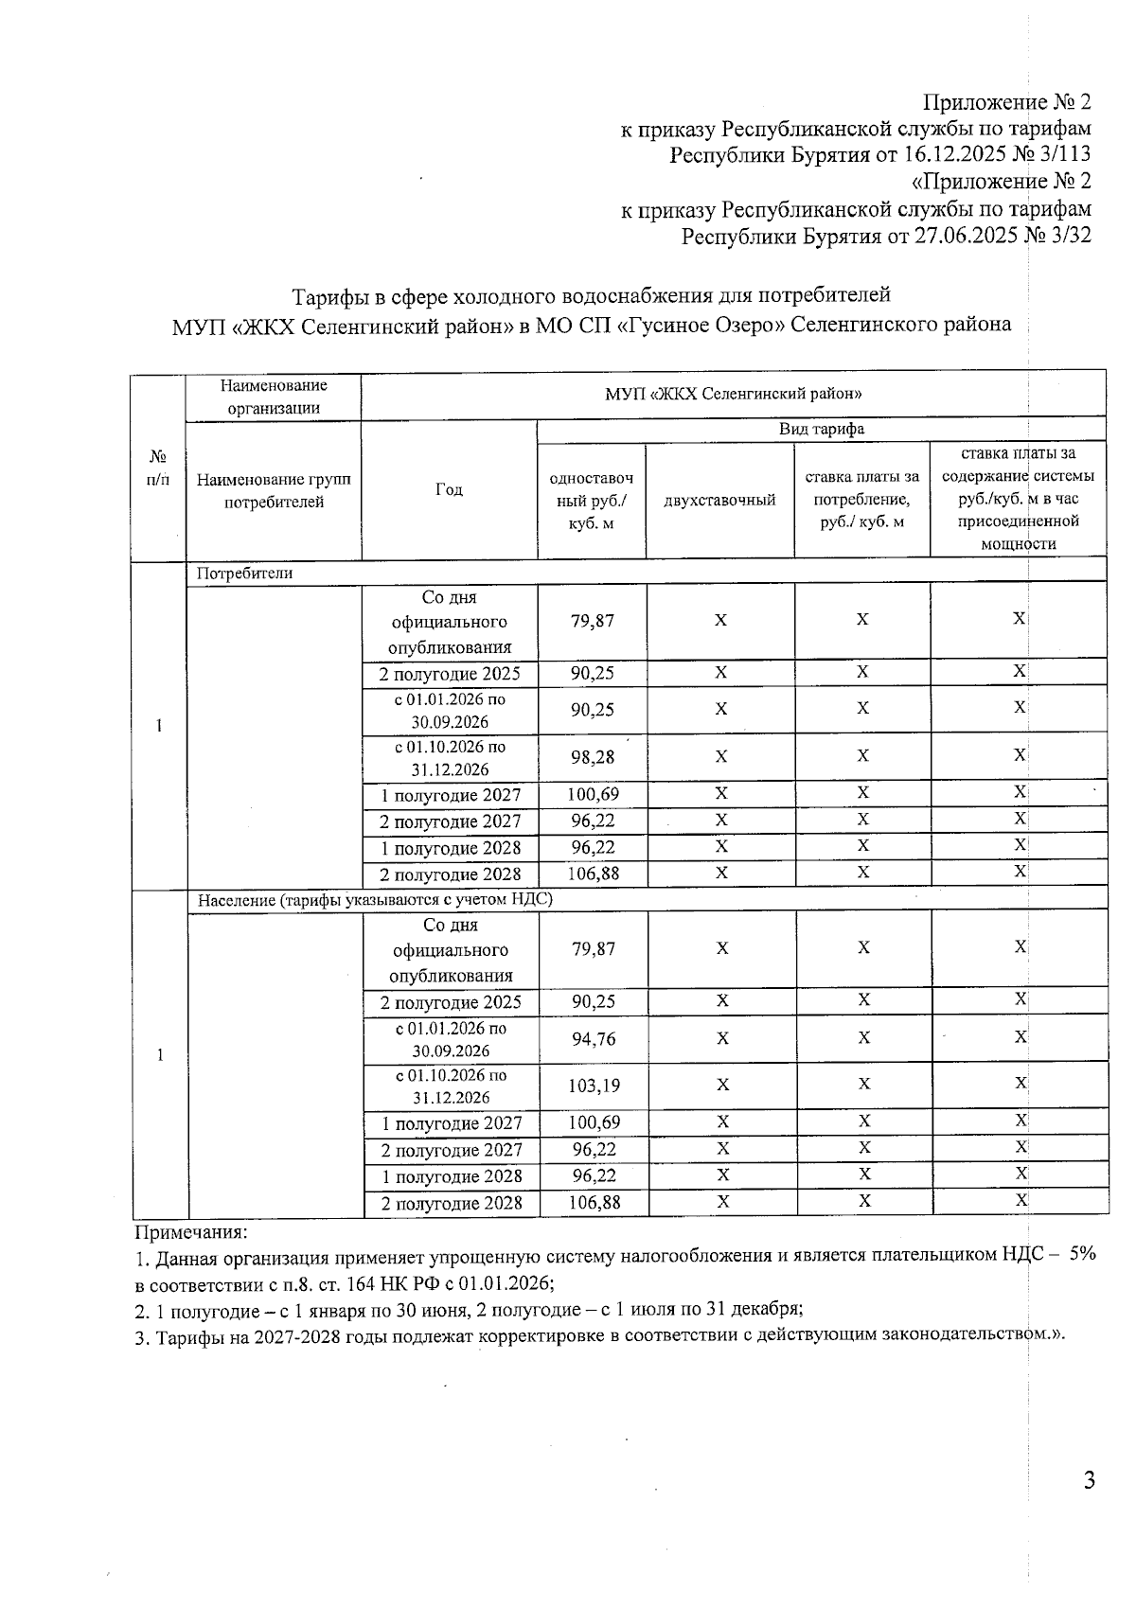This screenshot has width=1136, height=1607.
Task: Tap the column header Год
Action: tap(449, 489)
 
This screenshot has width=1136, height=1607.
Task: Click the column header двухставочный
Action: tap(719, 500)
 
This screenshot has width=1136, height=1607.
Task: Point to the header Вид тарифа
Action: tap(821, 429)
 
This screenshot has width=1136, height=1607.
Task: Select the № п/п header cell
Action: tap(158, 468)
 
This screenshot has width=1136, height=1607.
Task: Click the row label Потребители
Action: tap(244, 573)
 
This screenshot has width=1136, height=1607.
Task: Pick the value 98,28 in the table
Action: tap(592, 757)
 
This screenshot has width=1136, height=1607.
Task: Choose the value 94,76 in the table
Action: tap(593, 1039)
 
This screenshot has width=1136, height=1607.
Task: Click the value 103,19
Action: tap(593, 1086)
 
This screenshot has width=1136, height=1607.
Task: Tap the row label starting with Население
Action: tap(374, 900)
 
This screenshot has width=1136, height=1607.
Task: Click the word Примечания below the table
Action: tap(190, 1232)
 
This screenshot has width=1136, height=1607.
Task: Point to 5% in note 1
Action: tap(1081, 1254)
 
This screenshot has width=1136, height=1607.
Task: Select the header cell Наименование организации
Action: tap(273, 397)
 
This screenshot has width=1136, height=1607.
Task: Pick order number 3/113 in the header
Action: tap(1064, 154)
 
